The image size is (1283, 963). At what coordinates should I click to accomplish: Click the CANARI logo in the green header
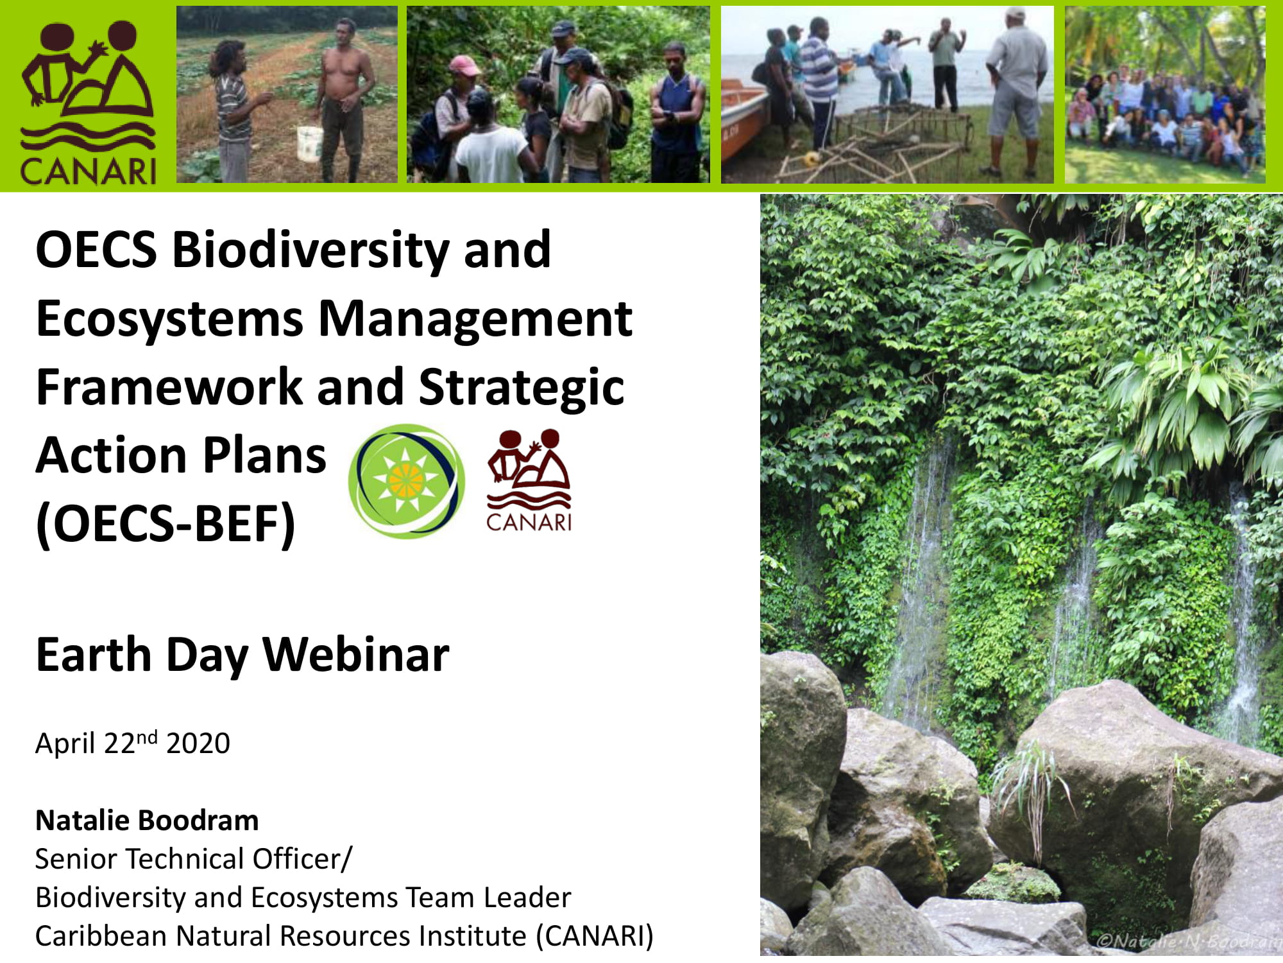click(x=89, y=103)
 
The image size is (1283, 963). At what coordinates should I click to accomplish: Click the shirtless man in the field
click(x=345, y=100)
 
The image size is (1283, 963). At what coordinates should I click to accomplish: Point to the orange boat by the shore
click(x=744, y=135)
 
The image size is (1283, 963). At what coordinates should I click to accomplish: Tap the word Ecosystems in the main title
click(x=169, y=319)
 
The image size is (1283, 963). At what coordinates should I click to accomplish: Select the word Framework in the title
click(x=169, y=387)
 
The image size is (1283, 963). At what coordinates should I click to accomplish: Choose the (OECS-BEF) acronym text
click(x=166, y=524)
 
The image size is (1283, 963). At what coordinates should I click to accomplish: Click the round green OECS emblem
click(x=407, y=481)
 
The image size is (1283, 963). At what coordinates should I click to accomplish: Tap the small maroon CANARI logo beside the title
click(x=529, y=481)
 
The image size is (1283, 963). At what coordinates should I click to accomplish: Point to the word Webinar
click(x=356, y=655)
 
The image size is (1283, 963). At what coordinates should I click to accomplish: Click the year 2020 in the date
click(x=198, y=744)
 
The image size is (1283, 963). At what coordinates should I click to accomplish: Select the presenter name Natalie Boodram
click(x=147, y=820)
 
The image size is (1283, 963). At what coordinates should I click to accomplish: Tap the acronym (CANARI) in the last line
click(x=595, y=936)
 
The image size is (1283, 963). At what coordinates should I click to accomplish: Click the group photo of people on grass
click(x=1165, y=95)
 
